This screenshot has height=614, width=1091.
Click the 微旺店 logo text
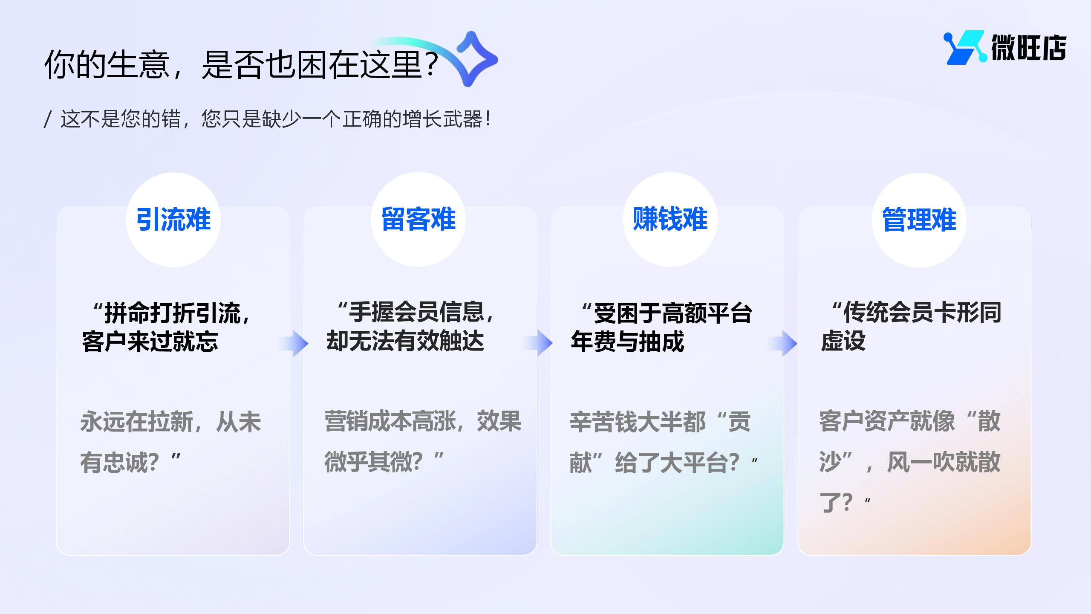click(1028, 47)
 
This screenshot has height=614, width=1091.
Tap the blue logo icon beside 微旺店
click(965, 47)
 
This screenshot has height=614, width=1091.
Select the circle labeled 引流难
click(173, 220)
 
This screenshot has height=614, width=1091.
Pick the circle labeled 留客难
click(418, 219)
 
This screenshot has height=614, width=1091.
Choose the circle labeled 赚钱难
click(670, 219)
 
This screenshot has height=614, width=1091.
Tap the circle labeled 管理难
click(919, 220)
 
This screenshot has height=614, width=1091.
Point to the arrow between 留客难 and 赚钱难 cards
click(537, 343)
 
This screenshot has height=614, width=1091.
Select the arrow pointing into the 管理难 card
click(782, 343)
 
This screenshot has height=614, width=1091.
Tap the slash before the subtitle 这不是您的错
click(48, 119)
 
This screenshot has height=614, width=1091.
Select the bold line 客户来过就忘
click(150, 342)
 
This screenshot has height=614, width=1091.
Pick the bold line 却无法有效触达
click(405, 341)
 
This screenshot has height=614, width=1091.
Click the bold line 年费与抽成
click(627, 342)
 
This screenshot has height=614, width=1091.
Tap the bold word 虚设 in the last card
click(843, 341)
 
